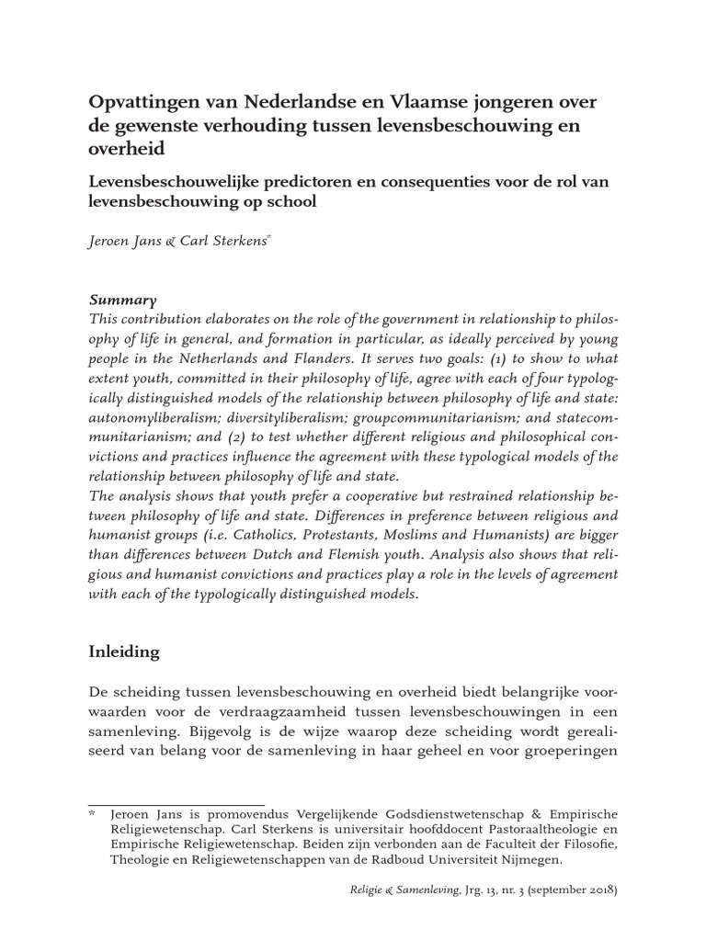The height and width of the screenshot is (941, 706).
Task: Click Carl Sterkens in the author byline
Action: [x=224, y=240]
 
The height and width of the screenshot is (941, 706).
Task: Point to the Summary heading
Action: [x=122, y=300]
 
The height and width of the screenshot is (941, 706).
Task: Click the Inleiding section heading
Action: [x=124, y=652]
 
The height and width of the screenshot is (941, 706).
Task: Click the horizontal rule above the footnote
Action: [x=175, y=805]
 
